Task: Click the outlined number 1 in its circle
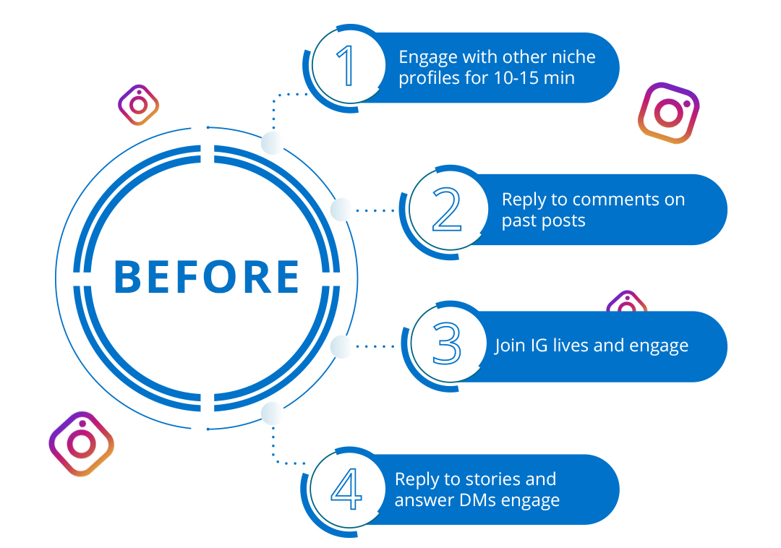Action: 346,65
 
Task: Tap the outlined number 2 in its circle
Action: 447,209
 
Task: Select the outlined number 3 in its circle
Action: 447,343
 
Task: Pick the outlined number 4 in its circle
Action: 346,489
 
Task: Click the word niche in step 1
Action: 572,56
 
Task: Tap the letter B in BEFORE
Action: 127,277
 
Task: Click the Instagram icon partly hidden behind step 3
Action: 626,301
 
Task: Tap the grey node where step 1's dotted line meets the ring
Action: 272,143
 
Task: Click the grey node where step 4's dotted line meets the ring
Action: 272,414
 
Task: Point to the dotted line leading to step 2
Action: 375,210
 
